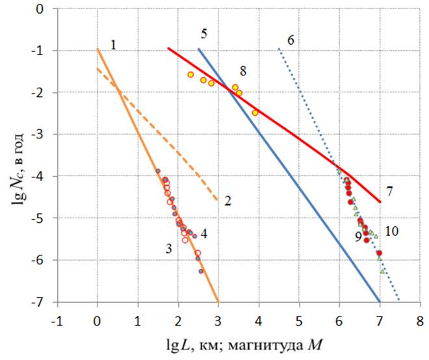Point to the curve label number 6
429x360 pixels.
pyautogui.click(x=290, y=39)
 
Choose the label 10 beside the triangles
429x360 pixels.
pyautogui.click(x=391, y=231)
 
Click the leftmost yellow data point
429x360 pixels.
pyautogui.click(x=190, y=75)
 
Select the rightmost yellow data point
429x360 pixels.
pyautogui.click(x=255, y=112)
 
